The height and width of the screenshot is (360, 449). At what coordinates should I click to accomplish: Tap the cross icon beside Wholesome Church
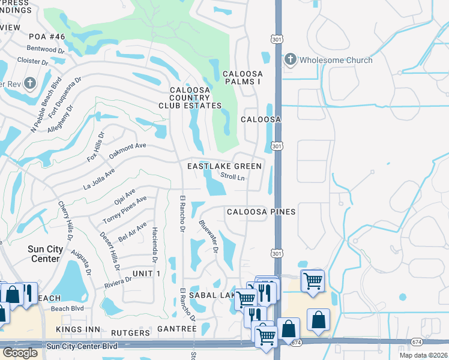coord(290,59)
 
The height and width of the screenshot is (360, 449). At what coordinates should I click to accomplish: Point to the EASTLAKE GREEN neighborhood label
coord(224,166)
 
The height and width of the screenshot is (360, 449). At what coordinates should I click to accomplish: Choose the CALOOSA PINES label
coord(261,212)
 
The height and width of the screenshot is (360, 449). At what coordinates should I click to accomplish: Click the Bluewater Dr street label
coord(208,237)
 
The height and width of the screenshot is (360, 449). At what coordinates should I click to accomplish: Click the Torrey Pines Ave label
coord(124,210)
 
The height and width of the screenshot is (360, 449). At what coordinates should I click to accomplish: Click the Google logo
coord(19,353)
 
